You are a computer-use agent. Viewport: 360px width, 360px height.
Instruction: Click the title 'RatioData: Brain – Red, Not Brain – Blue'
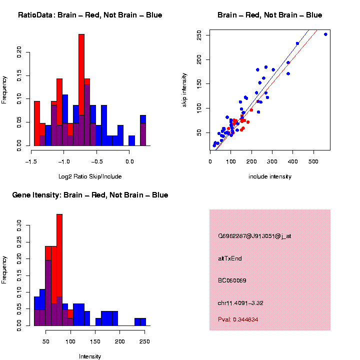[x=90, y=15]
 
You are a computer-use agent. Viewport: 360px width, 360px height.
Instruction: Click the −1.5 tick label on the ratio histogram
[x=31, y=161]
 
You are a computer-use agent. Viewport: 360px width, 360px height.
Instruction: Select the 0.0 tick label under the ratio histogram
[x=129, y=161]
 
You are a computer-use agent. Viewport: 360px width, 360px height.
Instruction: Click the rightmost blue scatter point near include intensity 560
[x=325, y=34]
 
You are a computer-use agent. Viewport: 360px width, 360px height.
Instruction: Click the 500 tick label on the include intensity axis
[x=313, y=161]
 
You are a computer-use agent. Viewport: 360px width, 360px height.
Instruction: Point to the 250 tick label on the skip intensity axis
[x=199, y=35]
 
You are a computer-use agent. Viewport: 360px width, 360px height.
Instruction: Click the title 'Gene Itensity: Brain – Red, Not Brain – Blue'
[x=90, y=195]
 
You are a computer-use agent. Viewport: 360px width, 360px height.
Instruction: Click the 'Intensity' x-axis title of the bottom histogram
[x=90, y=356]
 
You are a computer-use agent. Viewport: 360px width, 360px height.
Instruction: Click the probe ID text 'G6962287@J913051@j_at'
[x=254, y=235]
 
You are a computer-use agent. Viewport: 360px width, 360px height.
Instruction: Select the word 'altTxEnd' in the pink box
[x=230, y=258]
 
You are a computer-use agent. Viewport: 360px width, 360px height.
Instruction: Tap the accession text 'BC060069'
[x=232, y=280]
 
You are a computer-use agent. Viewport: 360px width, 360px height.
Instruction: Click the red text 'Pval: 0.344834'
[x=238, y=319]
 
